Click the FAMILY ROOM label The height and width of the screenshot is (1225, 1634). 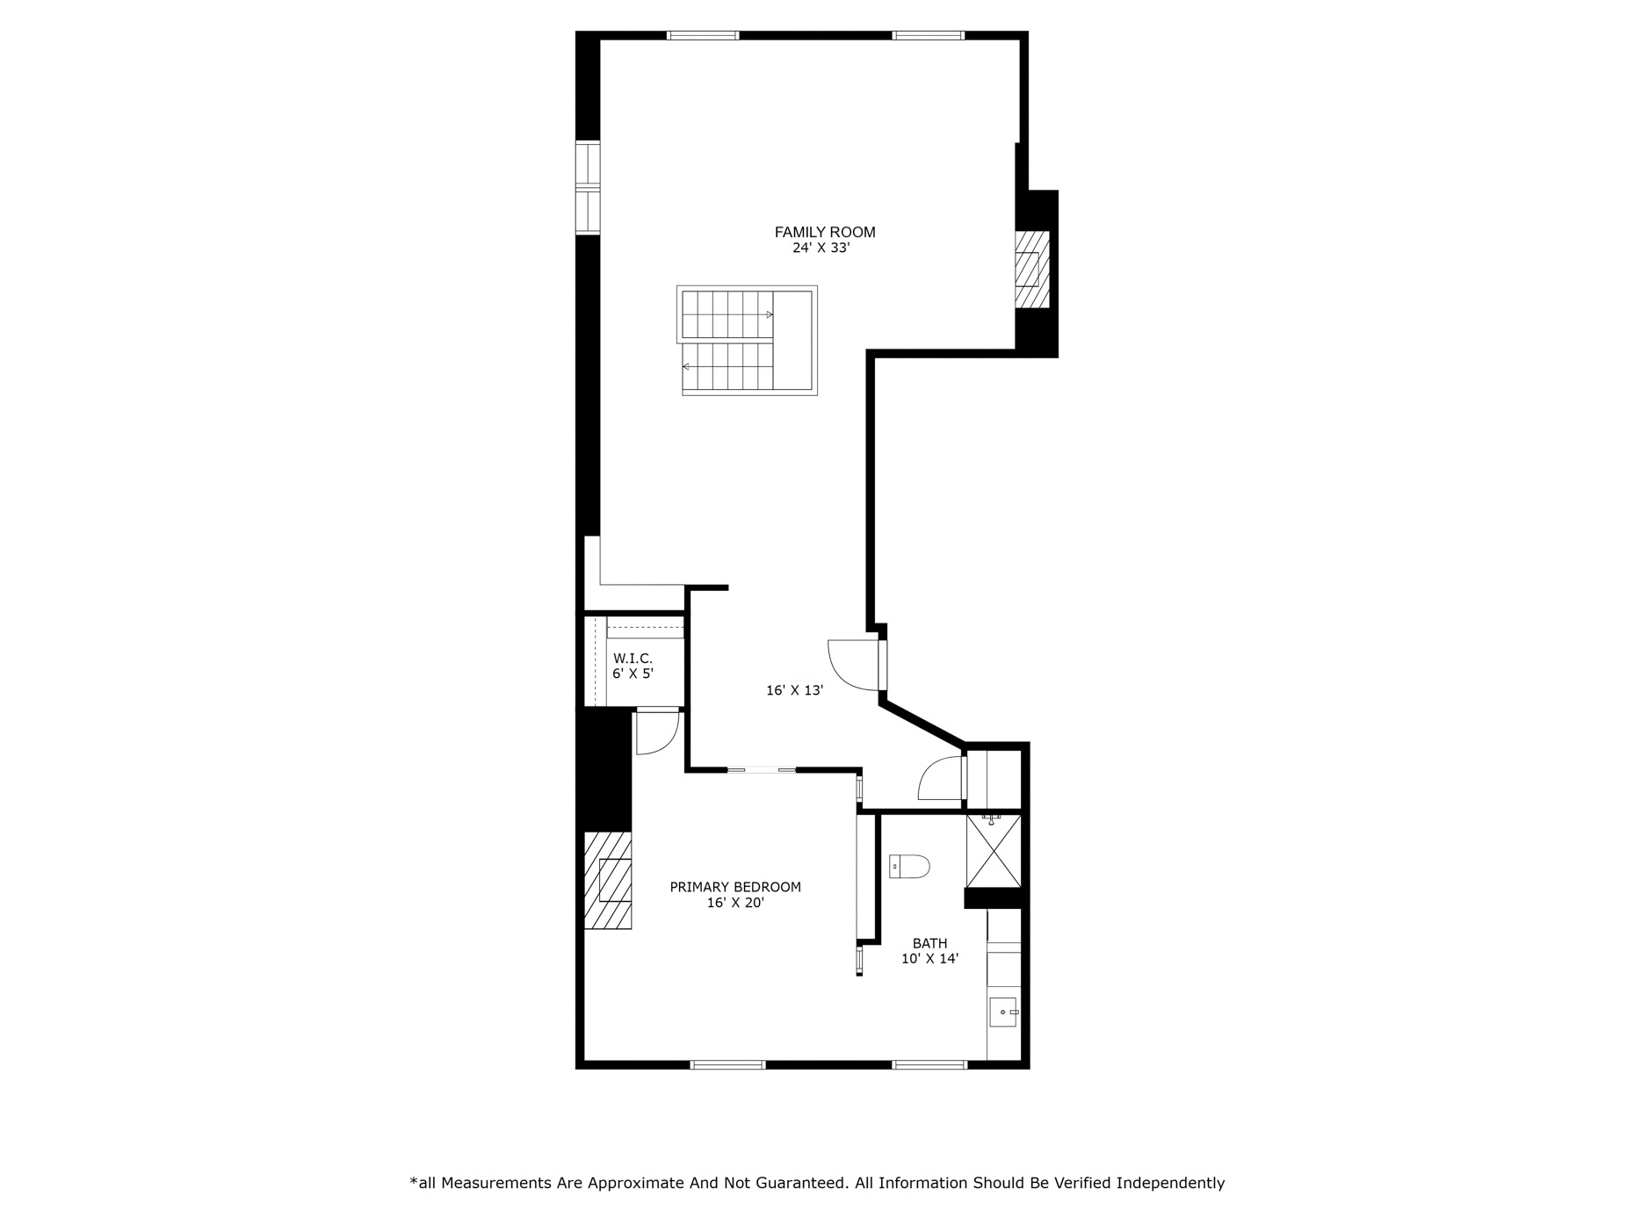point(824,232)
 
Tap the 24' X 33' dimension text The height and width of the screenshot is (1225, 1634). point(821,249)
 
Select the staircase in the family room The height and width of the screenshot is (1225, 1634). point(747,341)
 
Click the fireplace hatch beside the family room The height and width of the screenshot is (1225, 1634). point(1031,270)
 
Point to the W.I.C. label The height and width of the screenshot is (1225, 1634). point(633,658)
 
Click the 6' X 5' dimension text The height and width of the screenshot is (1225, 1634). point(633,674)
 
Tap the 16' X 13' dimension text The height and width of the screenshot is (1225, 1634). point(794,691)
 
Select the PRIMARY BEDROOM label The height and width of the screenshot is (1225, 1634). point(735,887)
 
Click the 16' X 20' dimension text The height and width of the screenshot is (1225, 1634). point(735,903)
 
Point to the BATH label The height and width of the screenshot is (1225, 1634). point(929,944)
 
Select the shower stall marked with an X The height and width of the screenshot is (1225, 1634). point(994,852)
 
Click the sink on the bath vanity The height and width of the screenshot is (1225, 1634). point(1002,1012)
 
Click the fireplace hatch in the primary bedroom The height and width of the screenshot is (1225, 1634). point(608,881)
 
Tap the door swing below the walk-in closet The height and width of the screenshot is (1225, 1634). point(656,732)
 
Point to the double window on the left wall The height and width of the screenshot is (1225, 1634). point(588,188)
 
